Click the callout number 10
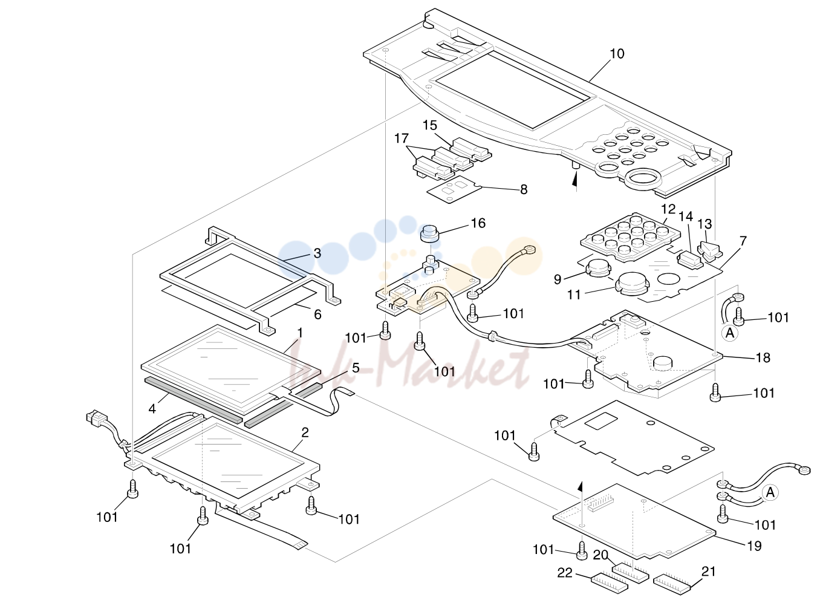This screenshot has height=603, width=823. (x=617, y=54)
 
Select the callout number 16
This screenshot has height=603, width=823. (x=478, y=223)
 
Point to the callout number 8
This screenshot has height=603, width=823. (x=524, y=189)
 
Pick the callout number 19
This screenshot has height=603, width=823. (x=754, y=546)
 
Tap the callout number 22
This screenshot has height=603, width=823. (x=565, y=573)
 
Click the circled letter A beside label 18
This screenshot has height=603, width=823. (x=730, y=333)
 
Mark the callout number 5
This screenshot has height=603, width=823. (x=356, y=368)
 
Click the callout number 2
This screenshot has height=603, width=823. (x=305, y=432)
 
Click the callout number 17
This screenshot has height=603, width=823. (x=402, y=139)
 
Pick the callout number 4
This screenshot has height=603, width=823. (x=152, y=409)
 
